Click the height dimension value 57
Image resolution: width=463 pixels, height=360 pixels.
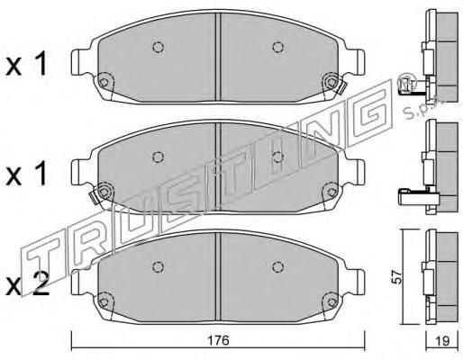coord(397,277)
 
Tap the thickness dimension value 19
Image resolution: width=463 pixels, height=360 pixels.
coord(441,341)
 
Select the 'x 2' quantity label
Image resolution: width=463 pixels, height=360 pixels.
coord(27,285)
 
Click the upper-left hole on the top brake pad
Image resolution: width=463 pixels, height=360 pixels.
coord(158,47)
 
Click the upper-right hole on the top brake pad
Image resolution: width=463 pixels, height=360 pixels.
coord(277,47)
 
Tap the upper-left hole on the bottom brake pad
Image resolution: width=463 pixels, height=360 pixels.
coord(158,266)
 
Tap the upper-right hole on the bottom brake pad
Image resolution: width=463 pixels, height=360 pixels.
coord(277,265)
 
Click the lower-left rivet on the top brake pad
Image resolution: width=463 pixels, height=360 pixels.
coord(104,82)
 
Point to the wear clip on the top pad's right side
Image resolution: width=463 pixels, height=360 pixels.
coord(342,88)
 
